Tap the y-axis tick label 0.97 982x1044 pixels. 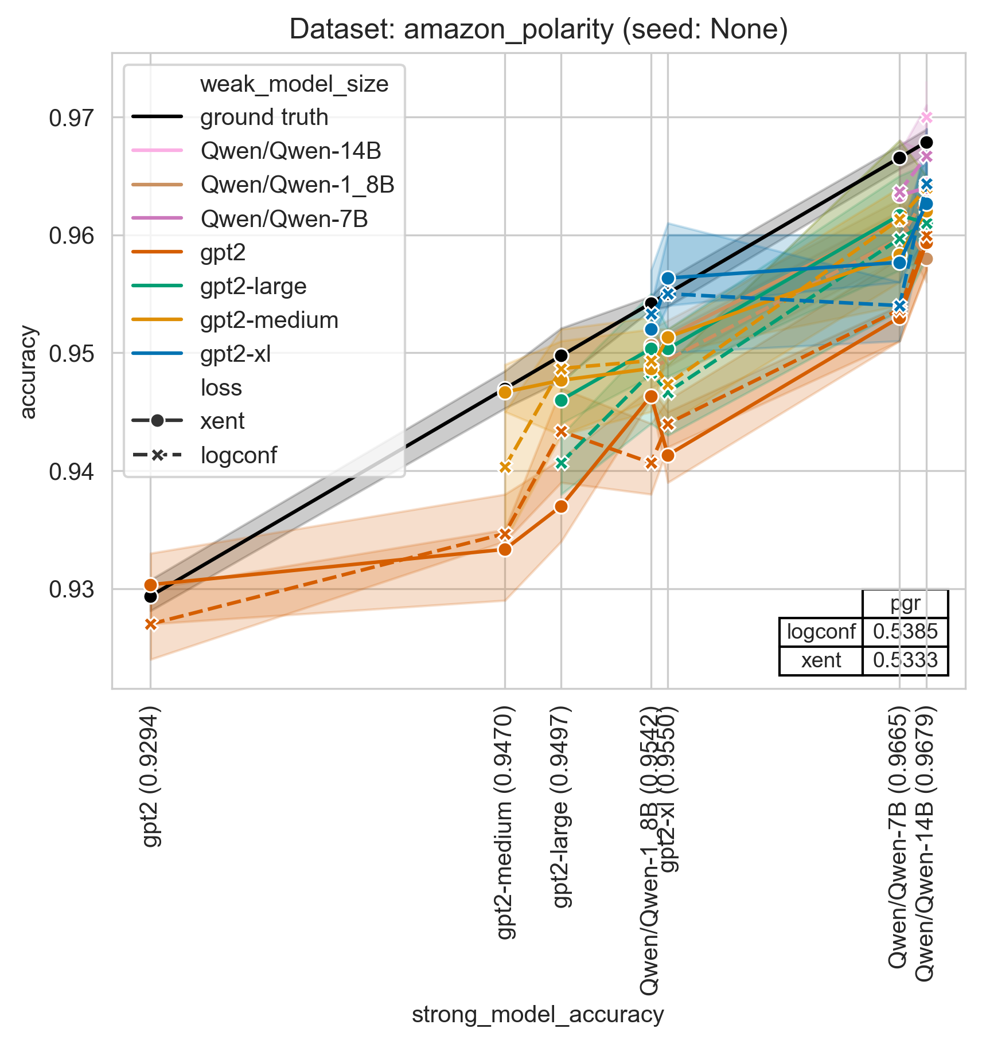pyautogui.click(x=71, y=119)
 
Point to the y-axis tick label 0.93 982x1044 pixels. pyautogui.click(x=71, y=590)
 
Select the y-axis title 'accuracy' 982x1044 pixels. pyautogui.click(x=28, y=372)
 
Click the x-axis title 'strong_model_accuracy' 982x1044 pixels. pyautogui.click(x=537, y=1014)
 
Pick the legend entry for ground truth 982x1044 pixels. pyautogui.click(x=264, y=118)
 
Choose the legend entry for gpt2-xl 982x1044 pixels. pyautogui.click(x=235, y=354)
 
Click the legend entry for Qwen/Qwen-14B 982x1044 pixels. pyautogui.click(x=290, y=151)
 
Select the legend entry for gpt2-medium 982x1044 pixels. pyautogui.click(x=269, y=320)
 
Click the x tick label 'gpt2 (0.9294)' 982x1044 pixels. pyautogui.click(x=151, y=777)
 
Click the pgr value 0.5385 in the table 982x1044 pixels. pyautogui.click(x=905, y=632)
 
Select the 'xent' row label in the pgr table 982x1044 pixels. pyautogui.click(x=821, y=660)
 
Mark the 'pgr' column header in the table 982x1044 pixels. pyautogui.click(x=905, y=604)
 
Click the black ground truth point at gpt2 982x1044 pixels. pyautogui.click(x=151, y=597)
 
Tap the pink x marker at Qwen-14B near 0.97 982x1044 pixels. pyautogui.click(x=926, y=118)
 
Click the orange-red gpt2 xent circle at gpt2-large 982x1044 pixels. pyautogui.click(x=562, y=507)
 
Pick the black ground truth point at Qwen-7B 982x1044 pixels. pyautogui.click(x=899, y=158)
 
